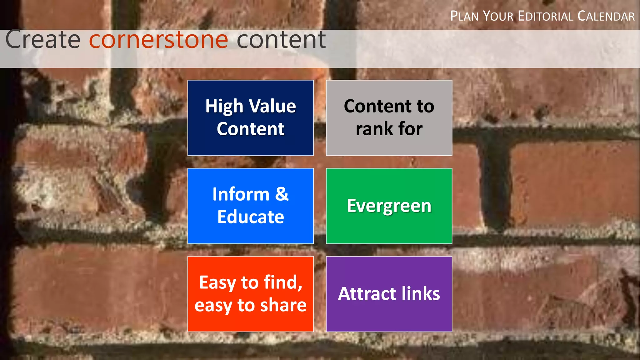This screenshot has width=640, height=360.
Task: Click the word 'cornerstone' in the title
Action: coord(158,40)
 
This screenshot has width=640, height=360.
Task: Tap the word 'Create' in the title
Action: coord(43,40)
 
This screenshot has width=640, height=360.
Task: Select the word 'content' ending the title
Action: coord(281,40)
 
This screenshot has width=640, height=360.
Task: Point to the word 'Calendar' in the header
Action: coord(606,16)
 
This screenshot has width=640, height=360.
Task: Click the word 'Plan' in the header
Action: coord(464,16)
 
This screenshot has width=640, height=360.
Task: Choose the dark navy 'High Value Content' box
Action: coord(251,118)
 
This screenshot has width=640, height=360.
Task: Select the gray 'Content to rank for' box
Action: coord(389,118)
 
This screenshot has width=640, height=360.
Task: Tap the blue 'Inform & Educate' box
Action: coord(251,206)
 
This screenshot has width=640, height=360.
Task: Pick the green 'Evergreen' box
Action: coord(389,206)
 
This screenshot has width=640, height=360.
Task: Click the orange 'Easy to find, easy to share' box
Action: coord(251,294)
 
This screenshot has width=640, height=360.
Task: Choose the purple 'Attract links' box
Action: coord(389,294)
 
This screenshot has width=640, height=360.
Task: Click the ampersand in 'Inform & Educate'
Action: coord(282,194)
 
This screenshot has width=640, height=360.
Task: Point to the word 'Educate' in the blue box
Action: coord(251,217)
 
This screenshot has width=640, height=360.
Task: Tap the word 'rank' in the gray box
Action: coord(372,129)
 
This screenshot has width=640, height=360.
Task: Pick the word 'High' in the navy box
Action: coord(224,107)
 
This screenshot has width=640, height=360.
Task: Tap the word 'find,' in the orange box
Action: coord(283,282)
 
